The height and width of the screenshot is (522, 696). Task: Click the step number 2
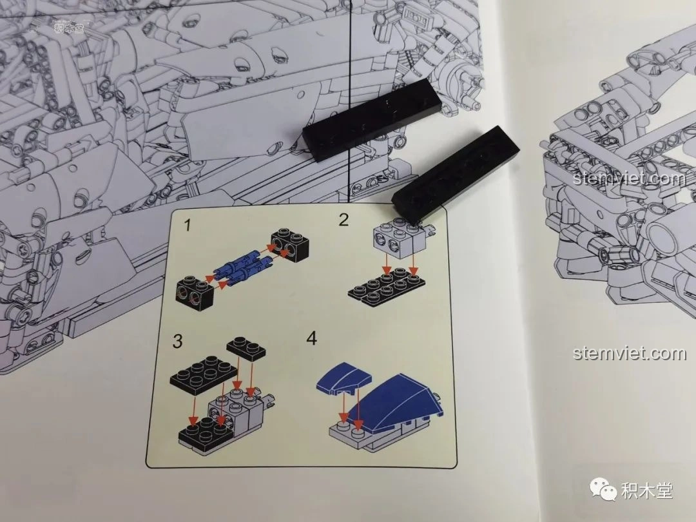click(x=344, y=220)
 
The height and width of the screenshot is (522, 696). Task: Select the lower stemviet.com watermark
click(x=630, y=353)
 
